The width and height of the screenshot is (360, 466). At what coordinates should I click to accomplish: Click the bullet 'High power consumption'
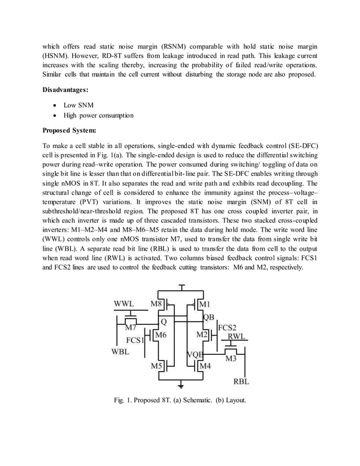[x=98, y=116]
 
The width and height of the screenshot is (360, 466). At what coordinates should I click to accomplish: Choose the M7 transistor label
[x=131, y=327]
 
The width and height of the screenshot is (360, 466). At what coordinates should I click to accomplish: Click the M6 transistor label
[x=161, y=335]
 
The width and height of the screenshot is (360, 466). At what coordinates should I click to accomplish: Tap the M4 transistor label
[x=206, y=366]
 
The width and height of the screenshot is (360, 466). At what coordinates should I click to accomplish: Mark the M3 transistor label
[x=231, y=358]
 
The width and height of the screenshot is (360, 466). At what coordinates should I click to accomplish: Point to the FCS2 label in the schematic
[x=227, y=327]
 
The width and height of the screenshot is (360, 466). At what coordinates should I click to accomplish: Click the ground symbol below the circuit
[x=181, y=386]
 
